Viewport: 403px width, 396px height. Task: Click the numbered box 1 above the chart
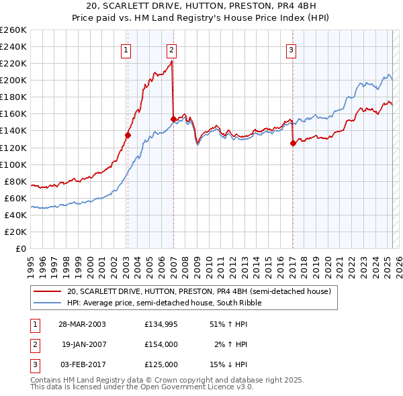[126, 49]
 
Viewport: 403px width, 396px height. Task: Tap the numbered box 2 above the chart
[172, 49]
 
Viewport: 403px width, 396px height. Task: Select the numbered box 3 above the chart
[292, 49]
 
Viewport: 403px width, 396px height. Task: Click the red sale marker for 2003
[128, 135]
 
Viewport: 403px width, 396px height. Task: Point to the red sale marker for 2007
[173, 119]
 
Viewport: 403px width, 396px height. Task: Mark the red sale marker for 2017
[293, 143]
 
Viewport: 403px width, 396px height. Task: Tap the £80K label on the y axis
[15, 181]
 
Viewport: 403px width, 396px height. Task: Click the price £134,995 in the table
[161, 324]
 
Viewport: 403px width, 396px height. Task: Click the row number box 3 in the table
[34, 364]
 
